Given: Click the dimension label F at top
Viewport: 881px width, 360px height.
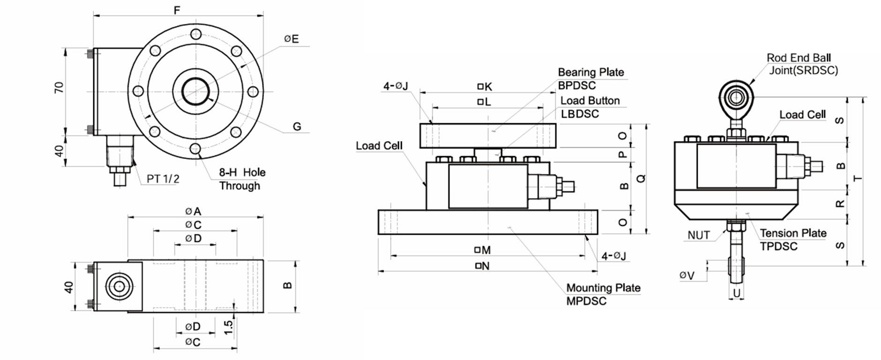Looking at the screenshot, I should pyautogui.click(x=177, y=9).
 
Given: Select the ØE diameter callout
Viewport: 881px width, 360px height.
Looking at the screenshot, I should pyautogui.click(x=291, y=39).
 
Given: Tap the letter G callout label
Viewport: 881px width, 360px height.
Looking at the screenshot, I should pyautogui.click(x=296, y=127).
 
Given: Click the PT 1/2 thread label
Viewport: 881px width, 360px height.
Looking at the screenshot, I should pyautogui.click(x=163, y=179).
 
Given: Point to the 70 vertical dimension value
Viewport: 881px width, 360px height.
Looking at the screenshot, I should pyautogui.click(x=59, y=88).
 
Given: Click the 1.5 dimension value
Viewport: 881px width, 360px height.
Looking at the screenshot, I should pyautogui.click(x=228, y=327).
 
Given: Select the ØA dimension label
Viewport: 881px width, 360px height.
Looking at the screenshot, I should pyautogui.click(x=193, y=211).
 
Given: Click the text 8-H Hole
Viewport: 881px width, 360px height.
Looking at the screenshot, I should pyautogui.click(x=242, y=172).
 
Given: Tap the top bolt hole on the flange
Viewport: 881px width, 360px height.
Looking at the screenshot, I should pyautogui.click(x=196, y=34).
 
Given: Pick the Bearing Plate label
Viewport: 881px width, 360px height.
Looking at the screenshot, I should pyautogui.click(x=591, y=72).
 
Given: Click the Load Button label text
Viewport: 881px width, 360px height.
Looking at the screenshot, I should pyautogui.click(x=590, y=101).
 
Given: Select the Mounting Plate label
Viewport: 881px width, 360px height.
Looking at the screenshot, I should pyautogui.click(x=603, y=288).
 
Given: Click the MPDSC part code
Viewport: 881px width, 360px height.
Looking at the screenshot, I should pyautogui.click(x=586, y=301).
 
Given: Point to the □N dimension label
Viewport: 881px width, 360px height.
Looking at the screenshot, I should pyautogui.click(x=482, y=266).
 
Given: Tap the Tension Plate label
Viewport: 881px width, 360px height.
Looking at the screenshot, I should pyautogui.click(x=793, y=233).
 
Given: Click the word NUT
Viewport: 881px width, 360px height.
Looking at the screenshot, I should pyautogui.click(x=699, y=235).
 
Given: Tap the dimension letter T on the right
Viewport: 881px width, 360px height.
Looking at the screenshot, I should pyautogui.click(x=858, y=178).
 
